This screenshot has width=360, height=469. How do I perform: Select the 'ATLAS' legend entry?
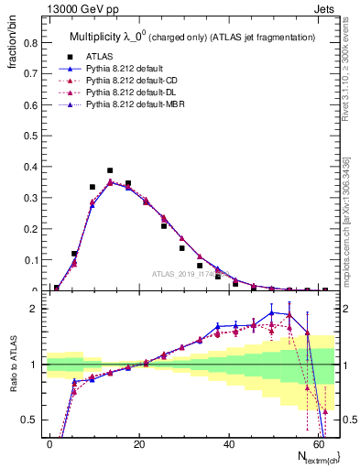coord(99,56)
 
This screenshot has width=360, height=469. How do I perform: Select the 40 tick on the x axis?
coord(227,442)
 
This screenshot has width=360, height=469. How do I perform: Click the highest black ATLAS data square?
coord(110,170)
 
